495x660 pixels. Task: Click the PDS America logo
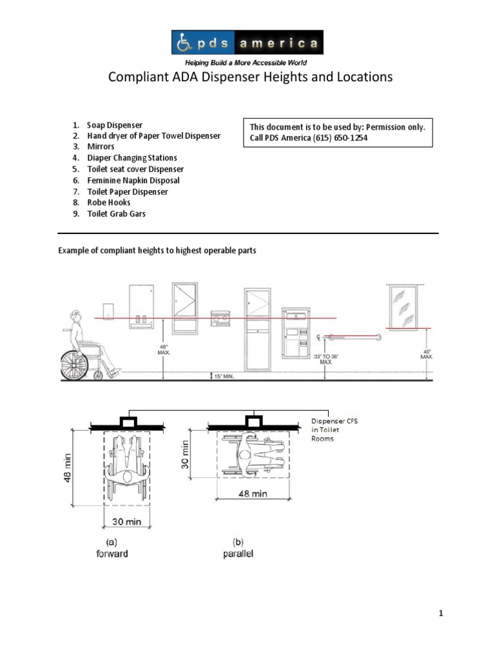(247, 43)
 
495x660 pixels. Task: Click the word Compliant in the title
(138, 77)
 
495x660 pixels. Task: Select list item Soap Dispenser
(115, 125)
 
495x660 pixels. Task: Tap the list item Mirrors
(101, 147)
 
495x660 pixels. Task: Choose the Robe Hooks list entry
(109, 202)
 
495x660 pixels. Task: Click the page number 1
(441, 614)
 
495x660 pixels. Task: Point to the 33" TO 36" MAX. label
(327, 358)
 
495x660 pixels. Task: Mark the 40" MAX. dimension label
(426, 353)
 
